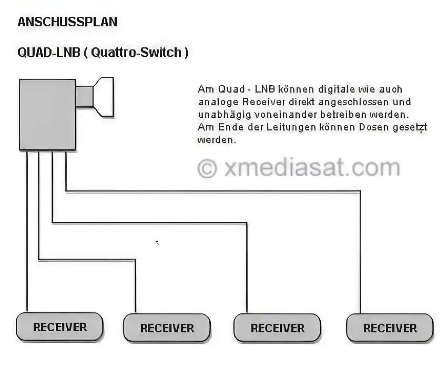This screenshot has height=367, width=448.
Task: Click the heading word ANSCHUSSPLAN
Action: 67,22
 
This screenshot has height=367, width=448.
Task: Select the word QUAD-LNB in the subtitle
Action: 48,52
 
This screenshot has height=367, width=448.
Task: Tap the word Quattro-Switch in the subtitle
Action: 136,52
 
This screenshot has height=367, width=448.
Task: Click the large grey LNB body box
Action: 47,115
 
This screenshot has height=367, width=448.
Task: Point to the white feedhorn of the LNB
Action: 104,97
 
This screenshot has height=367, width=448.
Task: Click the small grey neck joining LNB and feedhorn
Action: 85,97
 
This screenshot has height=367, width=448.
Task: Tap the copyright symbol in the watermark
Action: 207,168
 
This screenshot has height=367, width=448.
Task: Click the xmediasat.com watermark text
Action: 312,168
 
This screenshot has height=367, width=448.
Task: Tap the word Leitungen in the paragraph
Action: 291,127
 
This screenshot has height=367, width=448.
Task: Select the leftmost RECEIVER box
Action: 59,327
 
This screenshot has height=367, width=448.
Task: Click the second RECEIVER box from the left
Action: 167,328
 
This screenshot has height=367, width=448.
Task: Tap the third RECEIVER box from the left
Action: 278,328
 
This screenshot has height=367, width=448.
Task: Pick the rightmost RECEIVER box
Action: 390,328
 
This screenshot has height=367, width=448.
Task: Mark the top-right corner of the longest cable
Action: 360,191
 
